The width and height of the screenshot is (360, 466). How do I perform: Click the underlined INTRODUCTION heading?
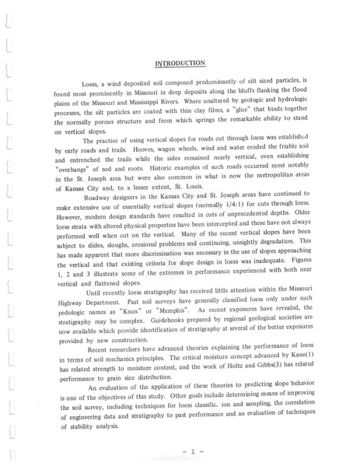[180, 62]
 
